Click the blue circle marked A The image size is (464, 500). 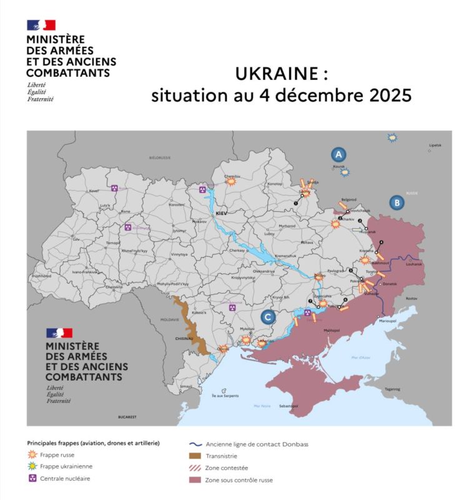[338, 154]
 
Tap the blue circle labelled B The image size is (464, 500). [396, 202]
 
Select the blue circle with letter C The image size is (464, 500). [268, 317]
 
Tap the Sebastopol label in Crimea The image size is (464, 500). [290, 406]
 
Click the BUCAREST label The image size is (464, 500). [127, 416]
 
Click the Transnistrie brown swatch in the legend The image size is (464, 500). [194, 456]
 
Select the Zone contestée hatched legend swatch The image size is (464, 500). [194, 467]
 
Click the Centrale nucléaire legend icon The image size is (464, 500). [32, 479]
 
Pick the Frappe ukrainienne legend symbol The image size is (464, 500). [32, 466]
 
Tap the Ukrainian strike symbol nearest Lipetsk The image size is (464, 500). [392, 137]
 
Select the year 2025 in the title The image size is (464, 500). [388, 96]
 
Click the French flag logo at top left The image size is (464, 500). [41, 25]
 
